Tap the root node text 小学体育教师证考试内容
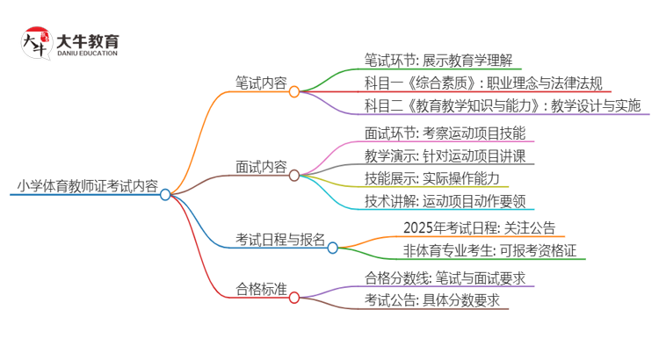(x=87, y=186)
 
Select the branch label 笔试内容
(x=260, y=83)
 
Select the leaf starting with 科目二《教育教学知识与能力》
(x=503, y=106)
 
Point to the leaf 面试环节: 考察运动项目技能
(x=445, y=134)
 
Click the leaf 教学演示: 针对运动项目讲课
(x=445, y=156)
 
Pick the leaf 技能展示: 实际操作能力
(x=430, y=178)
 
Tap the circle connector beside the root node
(x=165, y=194)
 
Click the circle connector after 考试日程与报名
(x=333, y=248)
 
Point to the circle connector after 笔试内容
(x=294, y=90)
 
